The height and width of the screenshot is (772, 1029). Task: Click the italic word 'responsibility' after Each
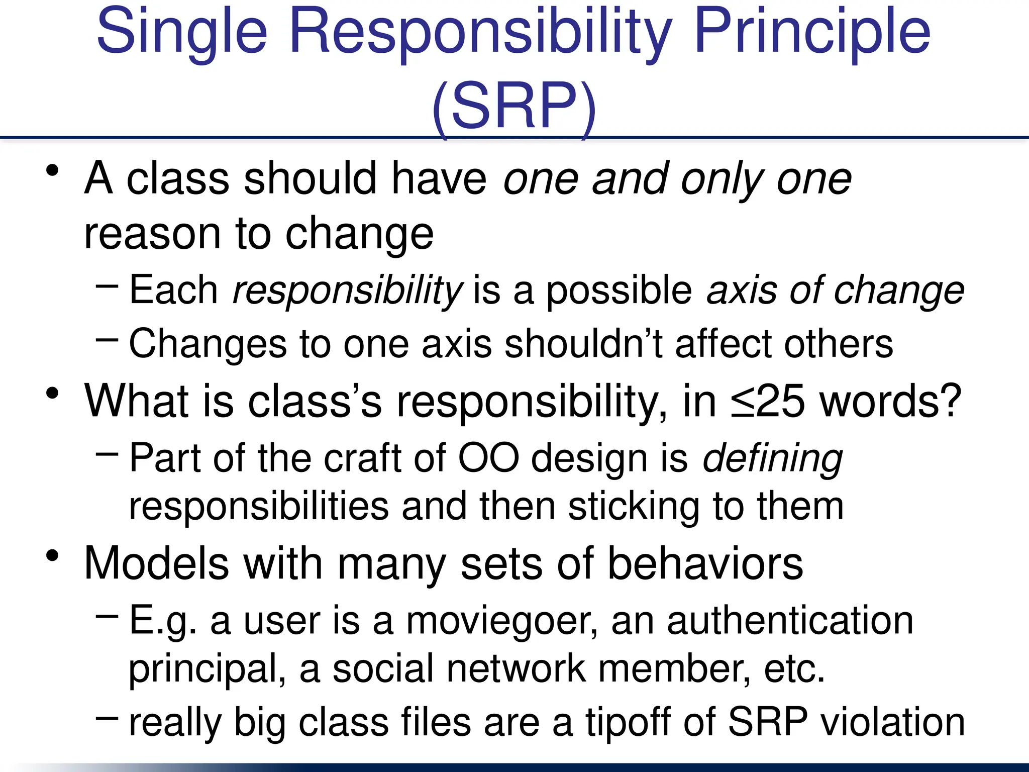(347, 291)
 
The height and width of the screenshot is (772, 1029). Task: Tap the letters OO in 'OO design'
(488, 458)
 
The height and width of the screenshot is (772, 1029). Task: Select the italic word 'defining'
(772, 458)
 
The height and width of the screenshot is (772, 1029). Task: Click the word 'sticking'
(634, 507)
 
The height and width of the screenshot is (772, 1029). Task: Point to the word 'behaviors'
(705, 564)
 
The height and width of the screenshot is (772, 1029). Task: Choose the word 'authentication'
(789, 621)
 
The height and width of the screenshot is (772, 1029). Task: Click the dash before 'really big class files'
(107, 718)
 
